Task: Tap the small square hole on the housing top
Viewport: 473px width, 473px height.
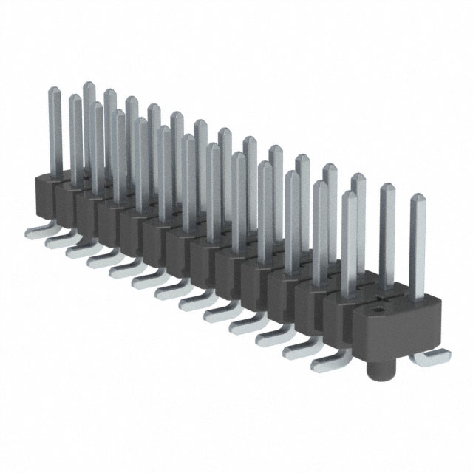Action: [380, 302]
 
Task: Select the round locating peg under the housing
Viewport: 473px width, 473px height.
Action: [384, 365]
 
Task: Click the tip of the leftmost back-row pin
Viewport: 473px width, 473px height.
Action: [88, 86]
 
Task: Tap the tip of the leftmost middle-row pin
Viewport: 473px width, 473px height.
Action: [75, 99]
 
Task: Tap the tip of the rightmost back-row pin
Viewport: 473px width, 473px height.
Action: [358, 177]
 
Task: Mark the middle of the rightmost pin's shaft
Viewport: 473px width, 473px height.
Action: [418, 248]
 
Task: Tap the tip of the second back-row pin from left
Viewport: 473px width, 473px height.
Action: [109, 93]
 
